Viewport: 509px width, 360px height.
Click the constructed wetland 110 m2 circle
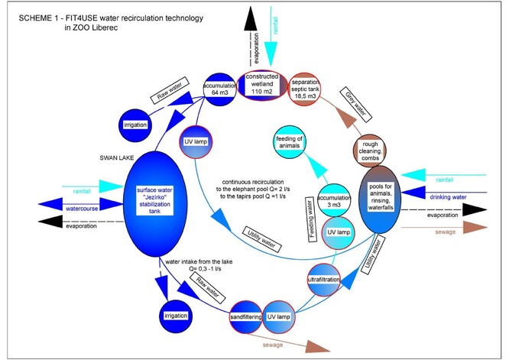click(263, 89)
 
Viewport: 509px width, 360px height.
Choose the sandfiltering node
click(245, 315)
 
